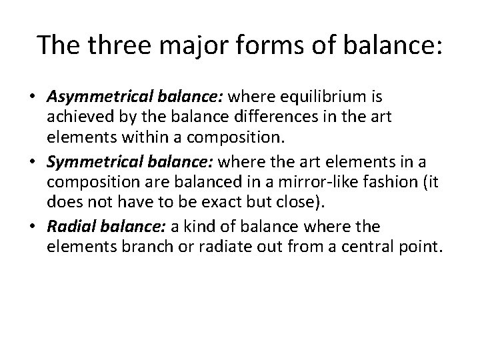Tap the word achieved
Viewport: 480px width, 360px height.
[x=75, y=117]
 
